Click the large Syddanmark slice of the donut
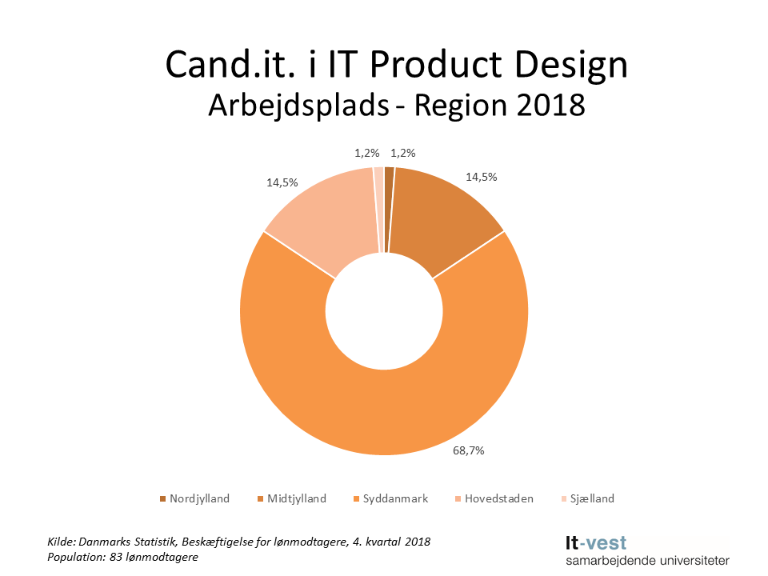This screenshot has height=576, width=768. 384,400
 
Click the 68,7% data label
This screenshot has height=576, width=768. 469,450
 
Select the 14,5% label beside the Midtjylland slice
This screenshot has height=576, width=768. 481,177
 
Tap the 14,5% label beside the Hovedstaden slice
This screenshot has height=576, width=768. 282,182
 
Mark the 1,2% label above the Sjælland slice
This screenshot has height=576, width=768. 366,153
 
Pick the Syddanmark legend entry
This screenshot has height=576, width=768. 390,498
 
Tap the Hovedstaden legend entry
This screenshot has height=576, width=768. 493,498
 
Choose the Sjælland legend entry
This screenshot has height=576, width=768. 586,498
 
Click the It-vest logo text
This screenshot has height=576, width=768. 596,543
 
